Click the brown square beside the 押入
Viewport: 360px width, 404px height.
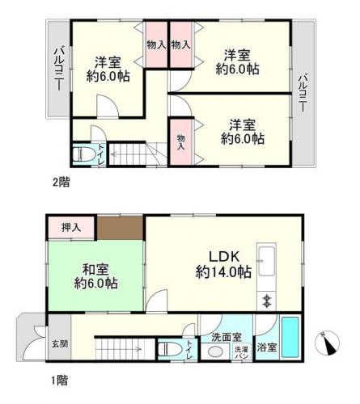pyautogui.click(x=120, y=228)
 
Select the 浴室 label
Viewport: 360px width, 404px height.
pyautogui.click(x=266, y=348)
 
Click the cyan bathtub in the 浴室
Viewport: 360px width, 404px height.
pyautogui.click(x=290, y=339)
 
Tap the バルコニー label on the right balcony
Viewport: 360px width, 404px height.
pyautogui.click(x=303, y=95)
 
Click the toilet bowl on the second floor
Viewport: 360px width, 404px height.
pyautogui.click(x=83, y=152)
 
